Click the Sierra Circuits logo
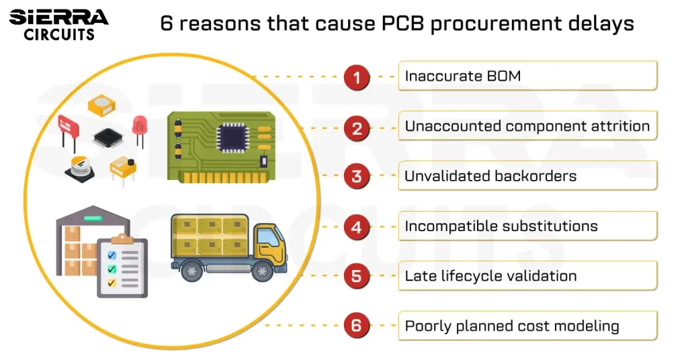click(x=59, y=24)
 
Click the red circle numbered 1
click(x=357, y=77)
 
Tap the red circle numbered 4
click(x=357, y=226)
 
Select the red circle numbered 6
click(x=357, y=326)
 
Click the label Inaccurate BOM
click(x=462, y=76)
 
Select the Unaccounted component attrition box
click(x=527, y=126)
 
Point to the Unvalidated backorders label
click(x=490, y=176)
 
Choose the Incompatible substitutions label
click(x=501, y=226)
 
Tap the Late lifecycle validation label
click(x=490, y=276)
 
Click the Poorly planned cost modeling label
click(x=511, y=326)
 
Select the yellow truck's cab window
click(x=267, y=236)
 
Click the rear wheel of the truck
click(x=191, y=271)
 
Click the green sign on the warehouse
click(x=92, y=218)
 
